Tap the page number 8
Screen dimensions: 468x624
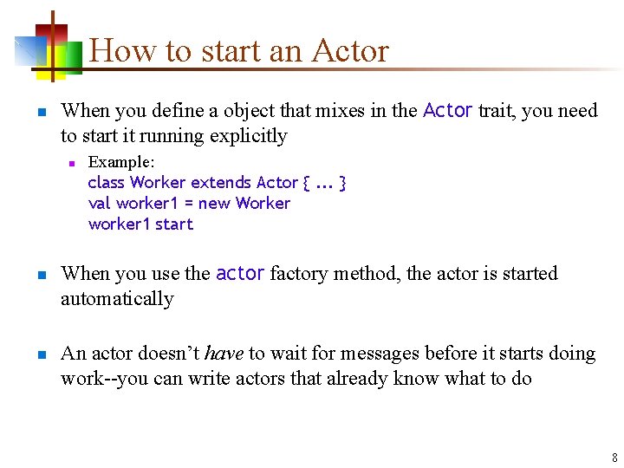click(x=614, y=458)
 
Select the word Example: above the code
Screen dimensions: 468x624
click(x=121, y=162)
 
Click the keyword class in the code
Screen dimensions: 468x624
click(x=107, y=182)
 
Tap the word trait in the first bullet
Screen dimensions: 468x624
click(x=497, y=110)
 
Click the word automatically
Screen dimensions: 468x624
click(x=117, y=298)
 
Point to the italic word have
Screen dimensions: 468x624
click(x=224, y=353)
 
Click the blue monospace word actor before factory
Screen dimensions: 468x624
click(x=240, y=273)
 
